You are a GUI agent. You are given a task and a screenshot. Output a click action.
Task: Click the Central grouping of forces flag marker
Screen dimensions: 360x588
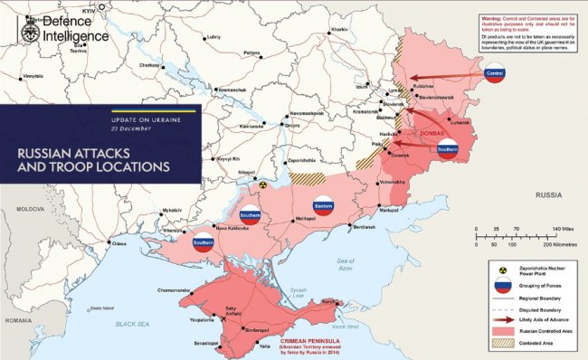(x=493, y=74)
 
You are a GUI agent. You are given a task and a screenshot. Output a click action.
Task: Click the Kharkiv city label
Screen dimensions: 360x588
(x=339, y=30)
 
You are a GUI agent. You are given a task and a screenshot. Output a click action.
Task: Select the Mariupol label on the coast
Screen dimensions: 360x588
(x=388, y=210)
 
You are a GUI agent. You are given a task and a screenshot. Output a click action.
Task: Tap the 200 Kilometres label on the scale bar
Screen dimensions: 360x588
(x=560, y=245)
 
